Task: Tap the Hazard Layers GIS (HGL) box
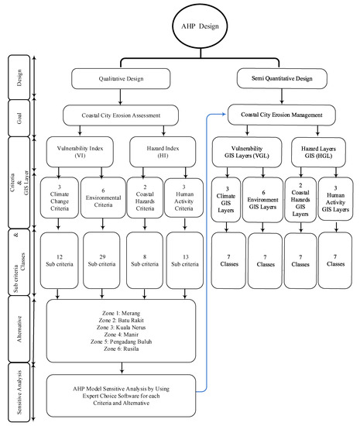(x=318, y=152)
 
